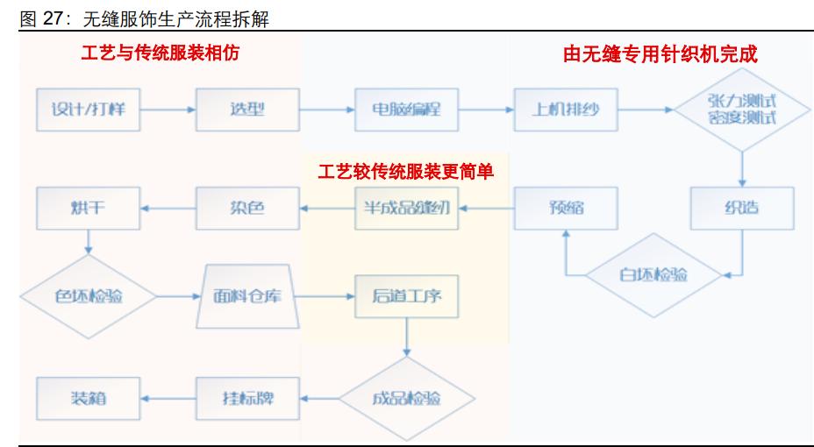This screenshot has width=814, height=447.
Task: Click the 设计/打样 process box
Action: click(88, 110)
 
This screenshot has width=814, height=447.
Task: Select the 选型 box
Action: click(246, 110)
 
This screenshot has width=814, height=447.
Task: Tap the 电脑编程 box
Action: click(406, 110)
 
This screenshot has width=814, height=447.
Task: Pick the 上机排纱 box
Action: click(566, 110)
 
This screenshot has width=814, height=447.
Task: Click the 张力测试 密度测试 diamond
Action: click(742, 110)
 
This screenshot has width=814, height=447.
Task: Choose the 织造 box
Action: click(742, 209)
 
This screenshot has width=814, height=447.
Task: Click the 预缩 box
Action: click(566, 209)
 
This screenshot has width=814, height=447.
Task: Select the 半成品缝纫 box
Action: click(406, 209)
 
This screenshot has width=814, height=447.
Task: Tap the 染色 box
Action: click(246, 209)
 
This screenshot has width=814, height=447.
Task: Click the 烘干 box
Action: click(88, 209)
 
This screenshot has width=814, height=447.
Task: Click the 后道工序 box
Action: click(406, 297)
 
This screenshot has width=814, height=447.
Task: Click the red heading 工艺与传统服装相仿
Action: click(161, 53)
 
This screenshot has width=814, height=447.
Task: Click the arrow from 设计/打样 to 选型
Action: click(167, 110)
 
